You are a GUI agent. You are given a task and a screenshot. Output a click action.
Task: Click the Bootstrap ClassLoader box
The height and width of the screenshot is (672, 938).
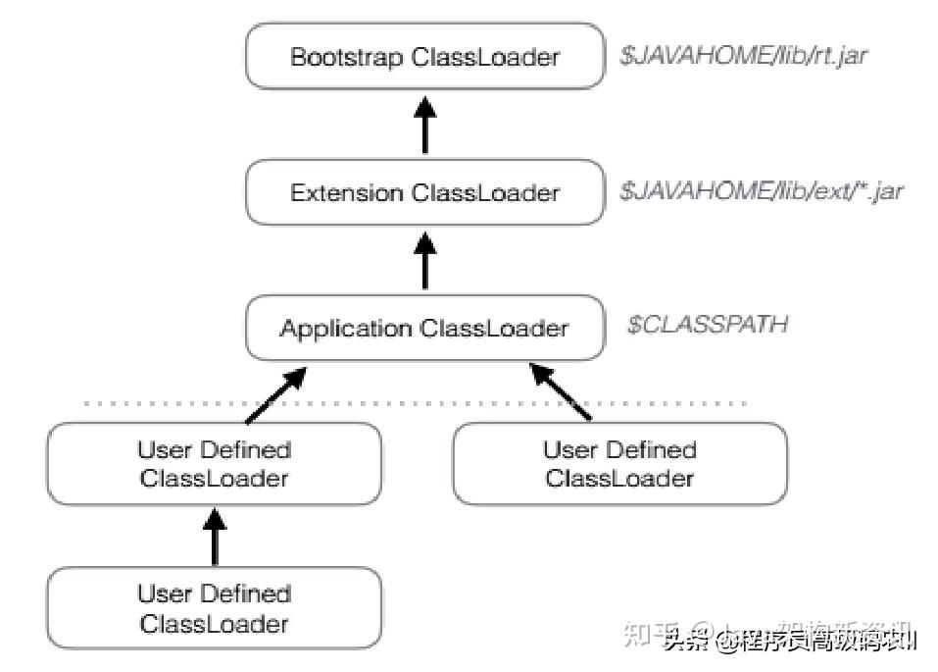point(424,57)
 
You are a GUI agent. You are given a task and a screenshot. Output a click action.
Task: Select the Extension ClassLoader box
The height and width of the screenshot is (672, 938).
point(424,193)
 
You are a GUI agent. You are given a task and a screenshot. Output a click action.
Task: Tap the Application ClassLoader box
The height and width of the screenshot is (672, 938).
point(424,328)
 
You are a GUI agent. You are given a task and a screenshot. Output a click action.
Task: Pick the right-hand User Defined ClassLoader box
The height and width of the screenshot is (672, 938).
point(619,464)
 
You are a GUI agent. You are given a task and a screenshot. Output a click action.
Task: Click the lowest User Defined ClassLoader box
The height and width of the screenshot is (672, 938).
point(214,608)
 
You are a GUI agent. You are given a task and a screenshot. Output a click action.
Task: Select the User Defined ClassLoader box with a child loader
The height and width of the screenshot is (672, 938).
point(214,464)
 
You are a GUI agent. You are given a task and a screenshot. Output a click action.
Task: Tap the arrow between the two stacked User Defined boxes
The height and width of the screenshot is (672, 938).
point(214,537)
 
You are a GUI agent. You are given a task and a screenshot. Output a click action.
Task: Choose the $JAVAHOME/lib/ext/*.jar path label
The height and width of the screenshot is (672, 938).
point(761,191)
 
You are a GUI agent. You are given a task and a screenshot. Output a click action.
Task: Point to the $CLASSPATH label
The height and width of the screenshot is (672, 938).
point(707,325)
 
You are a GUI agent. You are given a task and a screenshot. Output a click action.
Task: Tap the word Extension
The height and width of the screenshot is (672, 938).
point(347,193)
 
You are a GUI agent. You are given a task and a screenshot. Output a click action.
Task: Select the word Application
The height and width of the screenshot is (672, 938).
point(345,329)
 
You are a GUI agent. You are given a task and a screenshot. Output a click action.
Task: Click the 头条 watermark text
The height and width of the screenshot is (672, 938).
point(686,643)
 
